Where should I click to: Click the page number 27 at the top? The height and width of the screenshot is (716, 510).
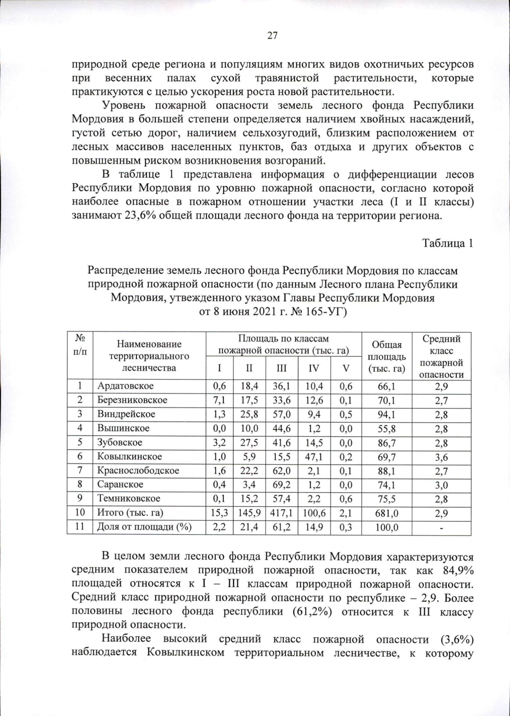(272, 36)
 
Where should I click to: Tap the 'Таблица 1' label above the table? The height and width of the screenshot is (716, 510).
(447, 243)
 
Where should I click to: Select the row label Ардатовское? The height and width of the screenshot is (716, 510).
(125, 386)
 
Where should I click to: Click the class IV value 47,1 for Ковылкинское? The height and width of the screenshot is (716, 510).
(314, 457)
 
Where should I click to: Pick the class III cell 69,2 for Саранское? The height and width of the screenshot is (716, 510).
(281, 485)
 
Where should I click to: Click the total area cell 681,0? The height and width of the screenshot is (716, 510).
(387, 513)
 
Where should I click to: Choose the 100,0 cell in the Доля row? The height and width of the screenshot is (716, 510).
(387, 528)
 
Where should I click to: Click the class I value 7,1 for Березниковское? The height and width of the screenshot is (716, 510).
(219, 400)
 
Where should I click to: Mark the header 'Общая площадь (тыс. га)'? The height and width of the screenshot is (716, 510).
(387, 357)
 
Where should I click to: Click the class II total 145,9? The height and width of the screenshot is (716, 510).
(249, 513)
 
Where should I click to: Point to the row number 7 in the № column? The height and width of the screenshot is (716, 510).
(80, 471)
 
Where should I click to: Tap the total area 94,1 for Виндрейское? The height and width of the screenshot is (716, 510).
(387, 414)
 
